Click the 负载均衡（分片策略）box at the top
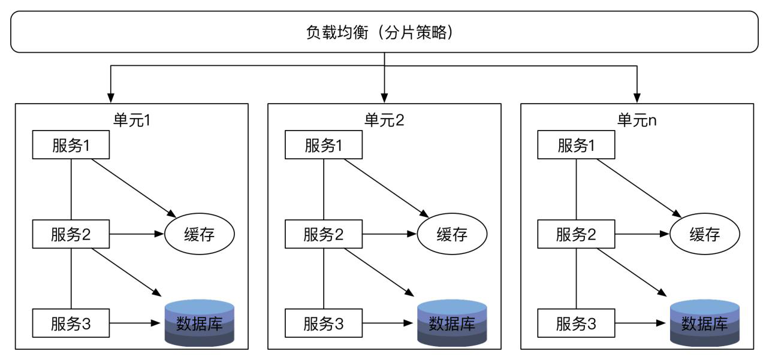(x=384, y=32)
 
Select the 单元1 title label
(x=132, y=120)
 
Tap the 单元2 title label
(x=384, y=120)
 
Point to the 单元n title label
(x=637, y=120)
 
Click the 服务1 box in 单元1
(x=71, y=144)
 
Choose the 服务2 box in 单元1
(x=71, y=234)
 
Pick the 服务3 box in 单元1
(x=71, y=323)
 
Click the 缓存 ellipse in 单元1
(x=200, y=234)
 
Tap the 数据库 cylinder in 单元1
(x=200, y=323)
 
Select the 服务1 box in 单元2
(x=324, y=144)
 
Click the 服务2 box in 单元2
(x=324, y=234)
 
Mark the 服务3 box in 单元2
(x=324, y=323)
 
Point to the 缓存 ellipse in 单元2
(x=452, y=234)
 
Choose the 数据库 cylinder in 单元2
(x=452, y=323)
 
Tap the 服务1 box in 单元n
(x=577, y=144)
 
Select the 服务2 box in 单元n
(x=577, y=234)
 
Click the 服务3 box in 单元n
(x=577, y=323)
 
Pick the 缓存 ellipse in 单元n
(x=705, y=234)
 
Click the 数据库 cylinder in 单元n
(x=705, y=323)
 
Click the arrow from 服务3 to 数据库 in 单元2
(x=388, y=323)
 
